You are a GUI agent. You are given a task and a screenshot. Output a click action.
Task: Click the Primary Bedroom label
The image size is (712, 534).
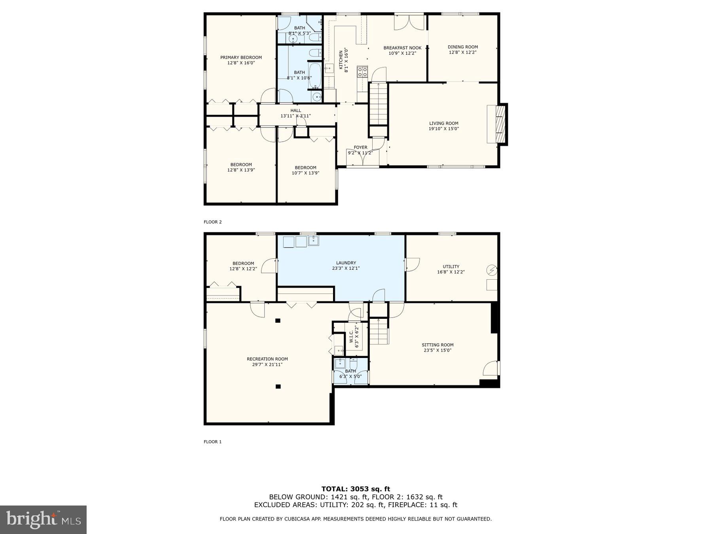(241, 57)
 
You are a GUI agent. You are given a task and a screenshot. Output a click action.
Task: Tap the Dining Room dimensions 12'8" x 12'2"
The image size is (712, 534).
(462, 52)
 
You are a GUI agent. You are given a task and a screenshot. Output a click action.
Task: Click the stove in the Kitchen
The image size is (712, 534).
(362, 72)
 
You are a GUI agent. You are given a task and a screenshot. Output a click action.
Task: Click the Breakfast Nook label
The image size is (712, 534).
(402, 48)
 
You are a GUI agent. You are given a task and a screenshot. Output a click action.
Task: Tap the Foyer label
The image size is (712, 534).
(360, 147)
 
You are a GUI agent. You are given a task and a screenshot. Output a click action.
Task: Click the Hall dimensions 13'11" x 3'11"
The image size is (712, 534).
(295, 116)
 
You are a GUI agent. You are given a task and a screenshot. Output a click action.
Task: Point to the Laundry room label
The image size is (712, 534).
(346, 263)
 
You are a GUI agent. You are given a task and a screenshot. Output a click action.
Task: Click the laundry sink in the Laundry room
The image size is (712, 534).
(313, 240)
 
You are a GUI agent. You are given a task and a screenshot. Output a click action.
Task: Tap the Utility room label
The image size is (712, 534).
(451, 267)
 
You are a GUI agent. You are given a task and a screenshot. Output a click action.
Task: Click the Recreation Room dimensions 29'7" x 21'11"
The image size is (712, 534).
(267, 364)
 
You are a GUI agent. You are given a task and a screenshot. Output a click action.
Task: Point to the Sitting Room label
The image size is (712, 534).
(437, 345)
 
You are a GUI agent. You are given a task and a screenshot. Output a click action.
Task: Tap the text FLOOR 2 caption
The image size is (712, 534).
(213, 222)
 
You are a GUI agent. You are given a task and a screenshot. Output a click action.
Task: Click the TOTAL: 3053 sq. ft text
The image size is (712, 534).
(356, 489)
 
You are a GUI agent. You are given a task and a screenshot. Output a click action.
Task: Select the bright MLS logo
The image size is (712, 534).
(43, 519)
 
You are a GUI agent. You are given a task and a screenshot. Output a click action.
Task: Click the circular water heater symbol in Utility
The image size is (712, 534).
(492, 270)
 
